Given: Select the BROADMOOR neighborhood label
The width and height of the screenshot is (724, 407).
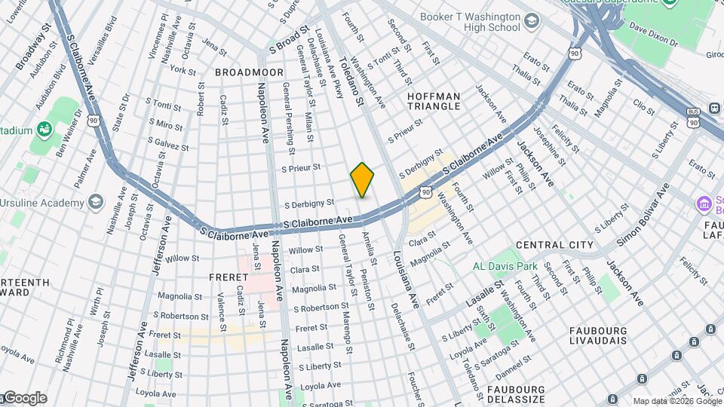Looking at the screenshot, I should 249,72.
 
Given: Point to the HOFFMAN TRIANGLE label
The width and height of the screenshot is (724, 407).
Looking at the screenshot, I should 434,101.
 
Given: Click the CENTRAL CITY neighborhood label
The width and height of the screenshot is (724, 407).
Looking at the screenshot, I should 554,246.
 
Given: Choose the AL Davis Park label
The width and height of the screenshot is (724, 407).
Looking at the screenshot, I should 505,266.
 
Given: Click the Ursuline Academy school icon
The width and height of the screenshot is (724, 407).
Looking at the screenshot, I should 95,202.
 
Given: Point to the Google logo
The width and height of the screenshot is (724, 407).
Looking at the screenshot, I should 24,398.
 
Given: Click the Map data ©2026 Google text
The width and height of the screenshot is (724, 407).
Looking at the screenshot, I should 676,401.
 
